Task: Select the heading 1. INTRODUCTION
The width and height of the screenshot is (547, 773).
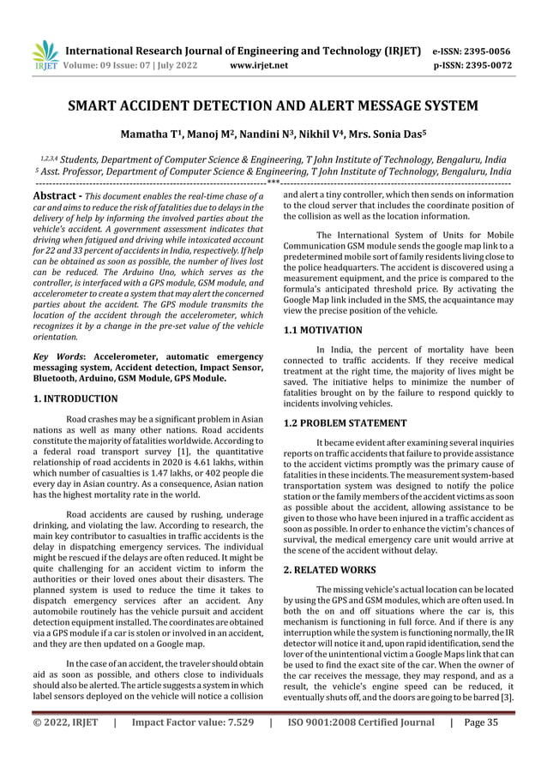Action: pyautogui.click(x=75, y=398)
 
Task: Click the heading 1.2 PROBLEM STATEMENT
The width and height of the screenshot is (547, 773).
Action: pyautogui.click(x=345, y=422)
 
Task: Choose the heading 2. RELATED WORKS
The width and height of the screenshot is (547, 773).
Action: pyautogui.click(x=329, y=569)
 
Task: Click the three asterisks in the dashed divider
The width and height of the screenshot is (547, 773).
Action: pyautogui.click(x=273, y=182)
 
